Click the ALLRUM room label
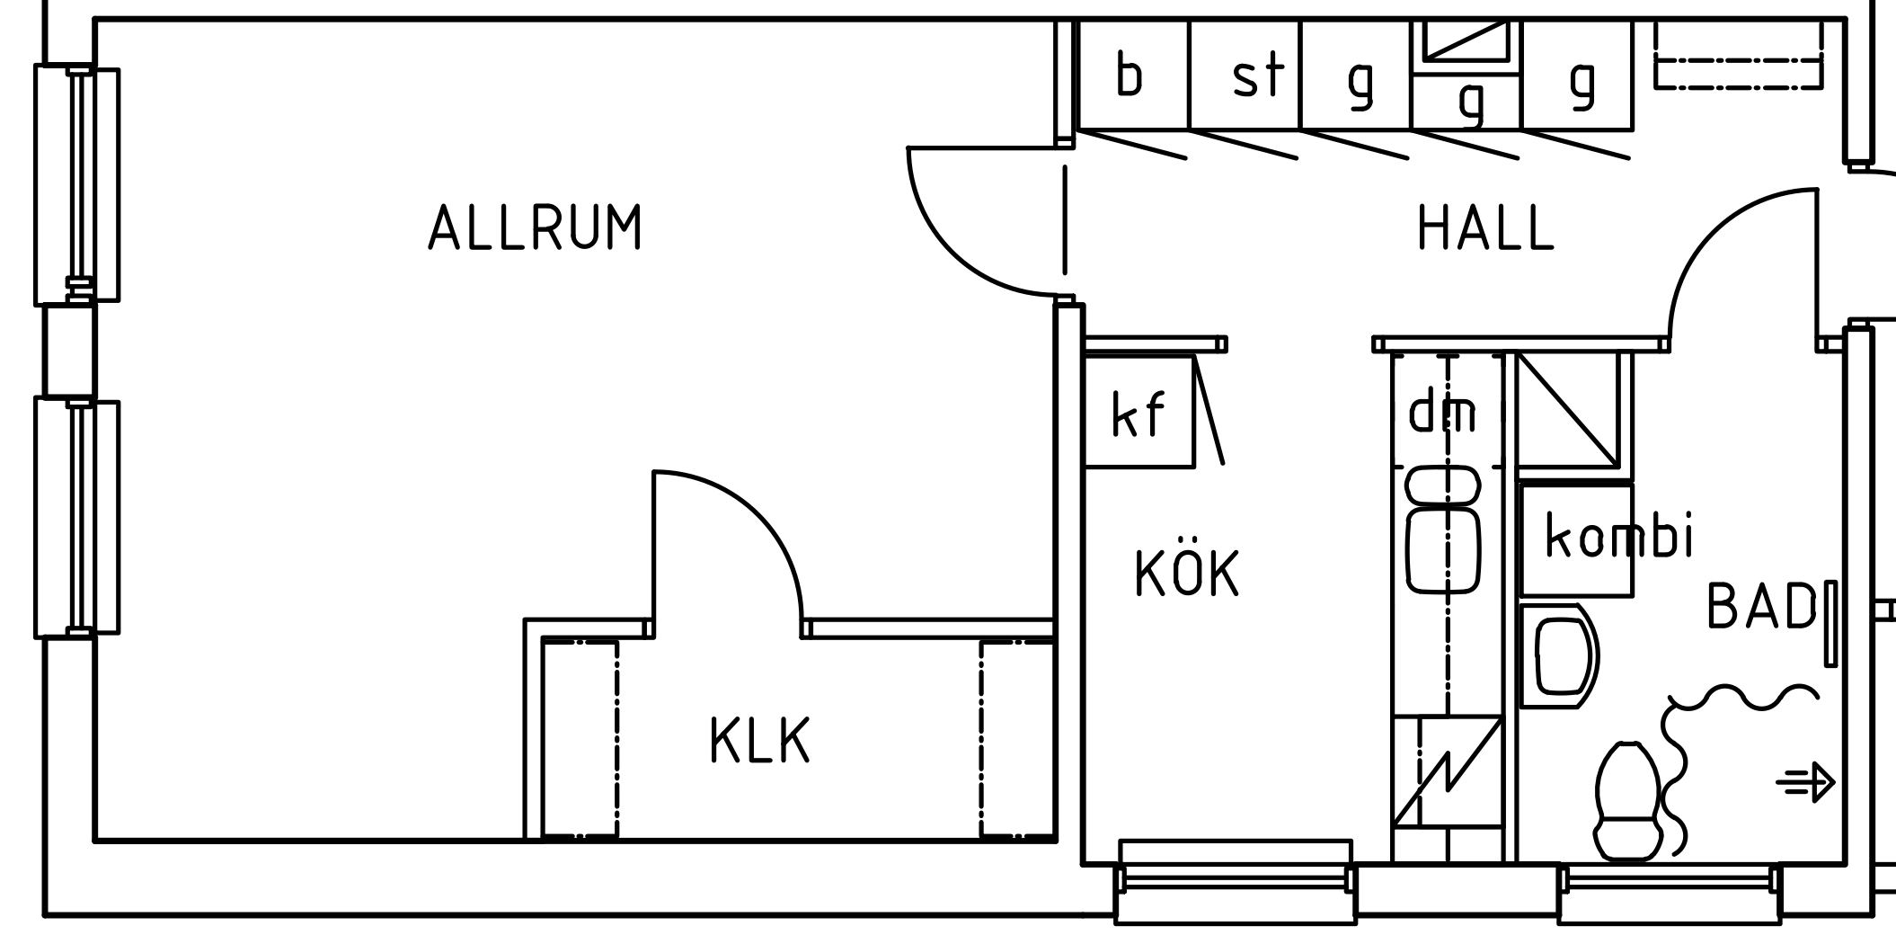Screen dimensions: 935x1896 [x=535, y=227]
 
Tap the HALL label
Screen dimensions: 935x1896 [x=1484, y=228]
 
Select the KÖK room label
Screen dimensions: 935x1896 [x=1187, y=573]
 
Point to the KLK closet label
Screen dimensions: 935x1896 [x=760, y=740]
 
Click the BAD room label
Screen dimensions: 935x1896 [x=1760, y=606]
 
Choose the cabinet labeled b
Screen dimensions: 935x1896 [x=1130, y=75]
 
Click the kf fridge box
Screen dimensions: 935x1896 [x=1138, y=414]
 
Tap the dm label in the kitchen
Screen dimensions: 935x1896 [x=1441, y=412]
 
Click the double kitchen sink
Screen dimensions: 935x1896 [x=1443, y=530]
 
